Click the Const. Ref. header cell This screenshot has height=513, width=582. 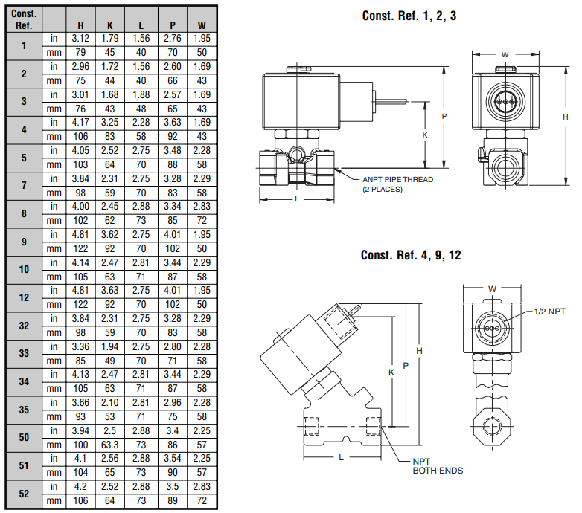tap(24, 19)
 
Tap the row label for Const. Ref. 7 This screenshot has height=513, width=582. tap(24, 185)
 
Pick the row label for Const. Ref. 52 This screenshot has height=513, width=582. tap(24, 494)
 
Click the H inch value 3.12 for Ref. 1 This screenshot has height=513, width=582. tap(80, 38)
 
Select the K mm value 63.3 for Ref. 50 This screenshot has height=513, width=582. tap(110, 445)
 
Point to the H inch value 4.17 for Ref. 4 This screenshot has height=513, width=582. tap(80, 122)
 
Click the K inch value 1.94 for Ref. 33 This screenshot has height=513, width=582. tap(110, 346)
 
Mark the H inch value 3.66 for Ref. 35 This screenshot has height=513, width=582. tap(80, 402)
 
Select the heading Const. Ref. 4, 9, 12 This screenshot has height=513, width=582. tap(411, 255)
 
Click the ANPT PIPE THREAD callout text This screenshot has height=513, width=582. tap(397, 180)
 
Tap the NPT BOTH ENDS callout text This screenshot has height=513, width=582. tap(438, 465)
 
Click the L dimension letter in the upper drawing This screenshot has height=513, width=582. tap(297, 199)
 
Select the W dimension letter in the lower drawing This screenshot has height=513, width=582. tap(491, 288)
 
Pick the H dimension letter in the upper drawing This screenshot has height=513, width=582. tap(565, 117)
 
